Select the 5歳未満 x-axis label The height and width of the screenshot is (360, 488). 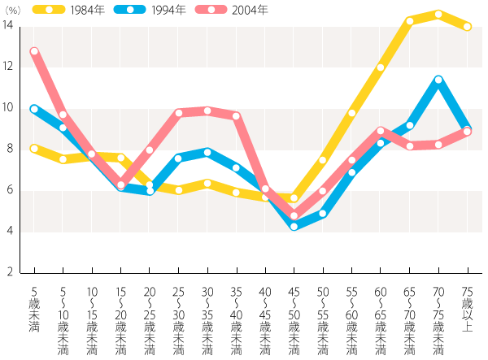34,310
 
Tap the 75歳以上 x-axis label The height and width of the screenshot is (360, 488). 467,310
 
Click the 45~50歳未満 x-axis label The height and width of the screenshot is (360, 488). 294,321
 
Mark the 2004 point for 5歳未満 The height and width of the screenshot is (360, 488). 34,51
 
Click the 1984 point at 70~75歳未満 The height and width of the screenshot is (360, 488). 438,14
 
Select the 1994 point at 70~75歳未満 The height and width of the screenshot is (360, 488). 438,80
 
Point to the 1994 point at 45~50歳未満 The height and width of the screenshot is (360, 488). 294,226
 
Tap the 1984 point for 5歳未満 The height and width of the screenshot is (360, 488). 34,149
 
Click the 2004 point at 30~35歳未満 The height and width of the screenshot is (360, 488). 207,111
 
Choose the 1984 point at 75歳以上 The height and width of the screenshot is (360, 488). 467,27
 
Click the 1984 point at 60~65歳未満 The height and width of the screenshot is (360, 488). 381,68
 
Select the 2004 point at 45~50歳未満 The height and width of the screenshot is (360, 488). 294,216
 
